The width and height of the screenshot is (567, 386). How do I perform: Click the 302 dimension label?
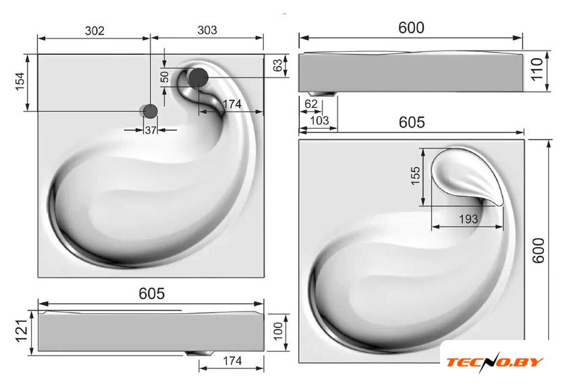[94, 31]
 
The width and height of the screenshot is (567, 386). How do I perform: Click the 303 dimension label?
[207, 30]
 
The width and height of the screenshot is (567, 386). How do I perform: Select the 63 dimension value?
[277, 65]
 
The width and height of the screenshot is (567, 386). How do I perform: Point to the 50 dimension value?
[165, 77]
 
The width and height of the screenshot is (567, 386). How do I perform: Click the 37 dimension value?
[151, 130]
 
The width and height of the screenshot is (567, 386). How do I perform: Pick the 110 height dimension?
[537, 70]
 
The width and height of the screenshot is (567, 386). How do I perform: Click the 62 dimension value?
[310, 104]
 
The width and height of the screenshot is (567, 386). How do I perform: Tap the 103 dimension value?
[320, 120]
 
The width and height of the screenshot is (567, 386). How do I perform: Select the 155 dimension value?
[416, 175]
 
